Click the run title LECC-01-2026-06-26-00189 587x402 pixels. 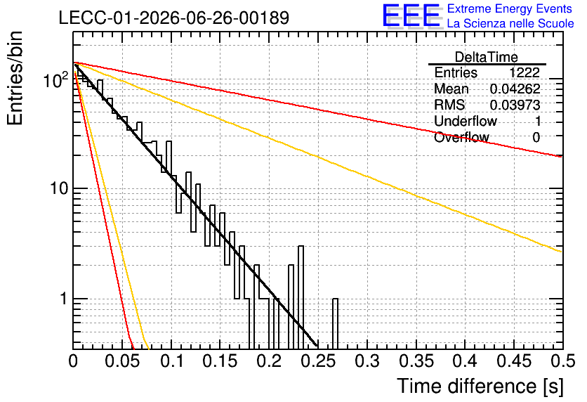(174, 18)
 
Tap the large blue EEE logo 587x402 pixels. (411, 15)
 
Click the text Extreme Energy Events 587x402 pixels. (510, 8)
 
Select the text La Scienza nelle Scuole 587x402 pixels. (510, 23)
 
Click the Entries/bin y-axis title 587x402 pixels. (15, 78)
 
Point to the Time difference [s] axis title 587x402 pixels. (480, 386)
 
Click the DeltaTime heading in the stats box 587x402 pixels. (487, 57)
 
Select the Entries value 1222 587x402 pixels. (524, 72)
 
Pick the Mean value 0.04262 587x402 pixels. (515, 89)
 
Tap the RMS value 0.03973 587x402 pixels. (515, 105)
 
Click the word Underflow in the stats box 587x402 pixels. (466, 121)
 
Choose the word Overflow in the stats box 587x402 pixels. (461, 138)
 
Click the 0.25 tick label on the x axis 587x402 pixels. (319, 361)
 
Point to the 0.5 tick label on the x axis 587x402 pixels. (563, 361)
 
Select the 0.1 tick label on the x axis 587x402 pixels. (172, 361)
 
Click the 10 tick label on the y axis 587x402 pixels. (59, 188)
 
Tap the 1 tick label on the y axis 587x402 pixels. (64, 299)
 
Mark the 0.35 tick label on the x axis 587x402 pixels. (417, 361)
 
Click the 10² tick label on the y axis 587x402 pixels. (57, 80)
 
